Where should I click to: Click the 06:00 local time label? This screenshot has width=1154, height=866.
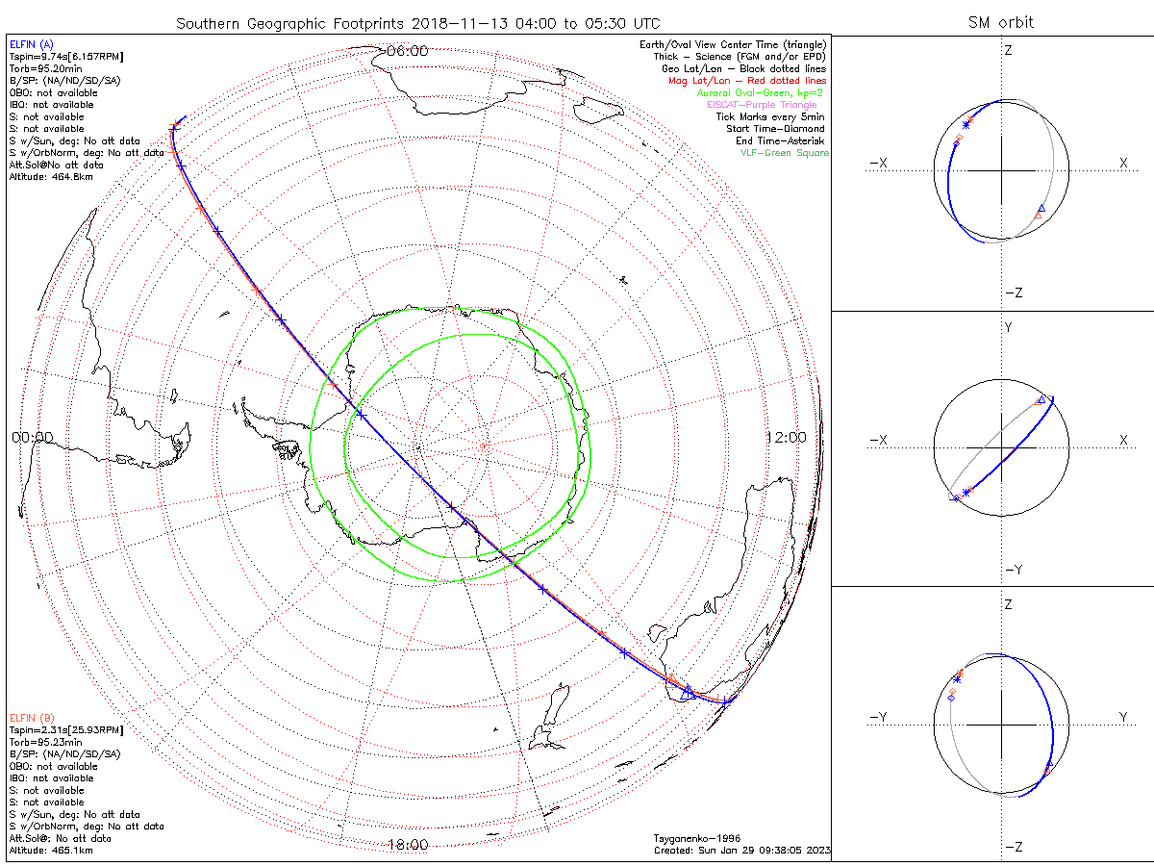pyautogui.click(x=407, y=51)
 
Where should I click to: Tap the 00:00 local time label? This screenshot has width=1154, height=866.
pyautogui.click(x=32, y=437)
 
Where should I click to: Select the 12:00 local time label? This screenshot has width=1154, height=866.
pyautogui.click(x=786, y=437)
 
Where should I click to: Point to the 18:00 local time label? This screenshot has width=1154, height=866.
pyautogui.click(x=407, y=845)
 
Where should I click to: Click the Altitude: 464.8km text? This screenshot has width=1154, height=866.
pyautogui.click(x=51, y=177)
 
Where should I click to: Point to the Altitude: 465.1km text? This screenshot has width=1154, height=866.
pyautogui.click(x=51, y=851)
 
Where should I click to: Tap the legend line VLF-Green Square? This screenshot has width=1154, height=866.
pyautogui.click(x=783, y=153)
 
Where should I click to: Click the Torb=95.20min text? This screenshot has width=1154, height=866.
pyautogui.click(x=44, y=68)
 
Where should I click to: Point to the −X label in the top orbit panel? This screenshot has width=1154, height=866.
pyautogui.click(x=877, y=164)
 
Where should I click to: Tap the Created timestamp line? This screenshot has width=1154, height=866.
pyautogui.click(x=741, y=851)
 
